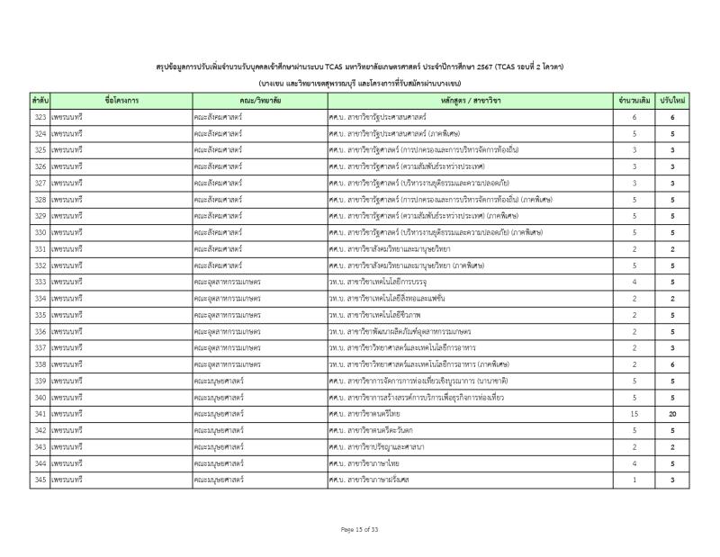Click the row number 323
40,118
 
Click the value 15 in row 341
634,413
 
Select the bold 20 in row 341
671,413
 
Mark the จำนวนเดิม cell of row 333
634,282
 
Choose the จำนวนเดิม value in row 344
634,463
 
